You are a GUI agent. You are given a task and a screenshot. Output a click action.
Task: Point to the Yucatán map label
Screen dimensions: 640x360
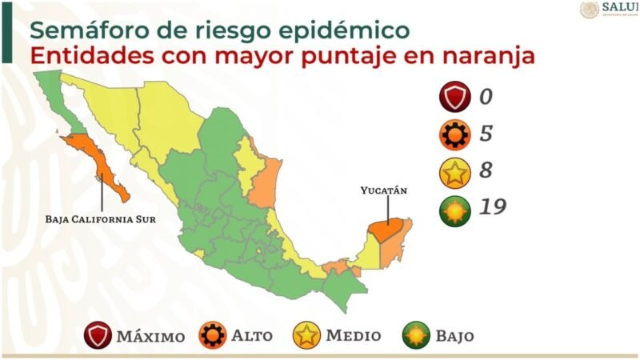click(383, 190)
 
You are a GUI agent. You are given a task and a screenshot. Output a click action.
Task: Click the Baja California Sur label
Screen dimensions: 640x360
click(100, 217)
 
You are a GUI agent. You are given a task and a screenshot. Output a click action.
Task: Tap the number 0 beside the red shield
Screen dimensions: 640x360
click(486, 98)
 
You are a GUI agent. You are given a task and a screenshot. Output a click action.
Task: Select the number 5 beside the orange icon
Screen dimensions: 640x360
click(486, 134)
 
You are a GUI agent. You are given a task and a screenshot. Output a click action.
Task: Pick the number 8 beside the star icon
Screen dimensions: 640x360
click(486, 171)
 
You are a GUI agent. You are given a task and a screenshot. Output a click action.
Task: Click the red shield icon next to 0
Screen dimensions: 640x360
click(454, 98)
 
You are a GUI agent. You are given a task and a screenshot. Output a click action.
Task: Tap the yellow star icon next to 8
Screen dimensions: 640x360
click(454, 171)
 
